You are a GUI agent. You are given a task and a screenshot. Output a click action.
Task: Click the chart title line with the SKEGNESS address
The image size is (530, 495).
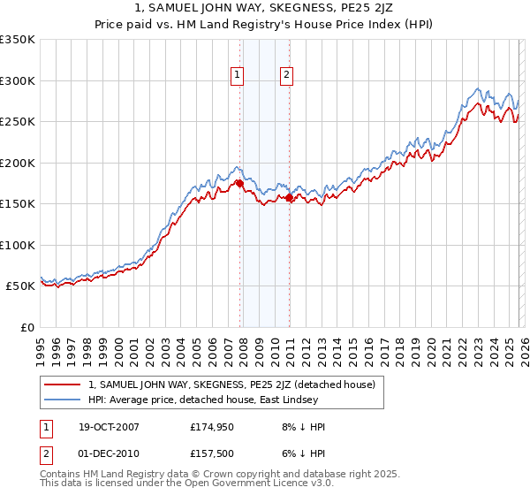click(265, 9)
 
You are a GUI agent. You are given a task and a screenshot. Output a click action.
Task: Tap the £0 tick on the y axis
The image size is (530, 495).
click(26, 327)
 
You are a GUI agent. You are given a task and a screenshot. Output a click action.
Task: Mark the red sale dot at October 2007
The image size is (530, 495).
click(239, 184)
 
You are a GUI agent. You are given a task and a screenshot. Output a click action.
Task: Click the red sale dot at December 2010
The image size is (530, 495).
click(289, 198)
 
